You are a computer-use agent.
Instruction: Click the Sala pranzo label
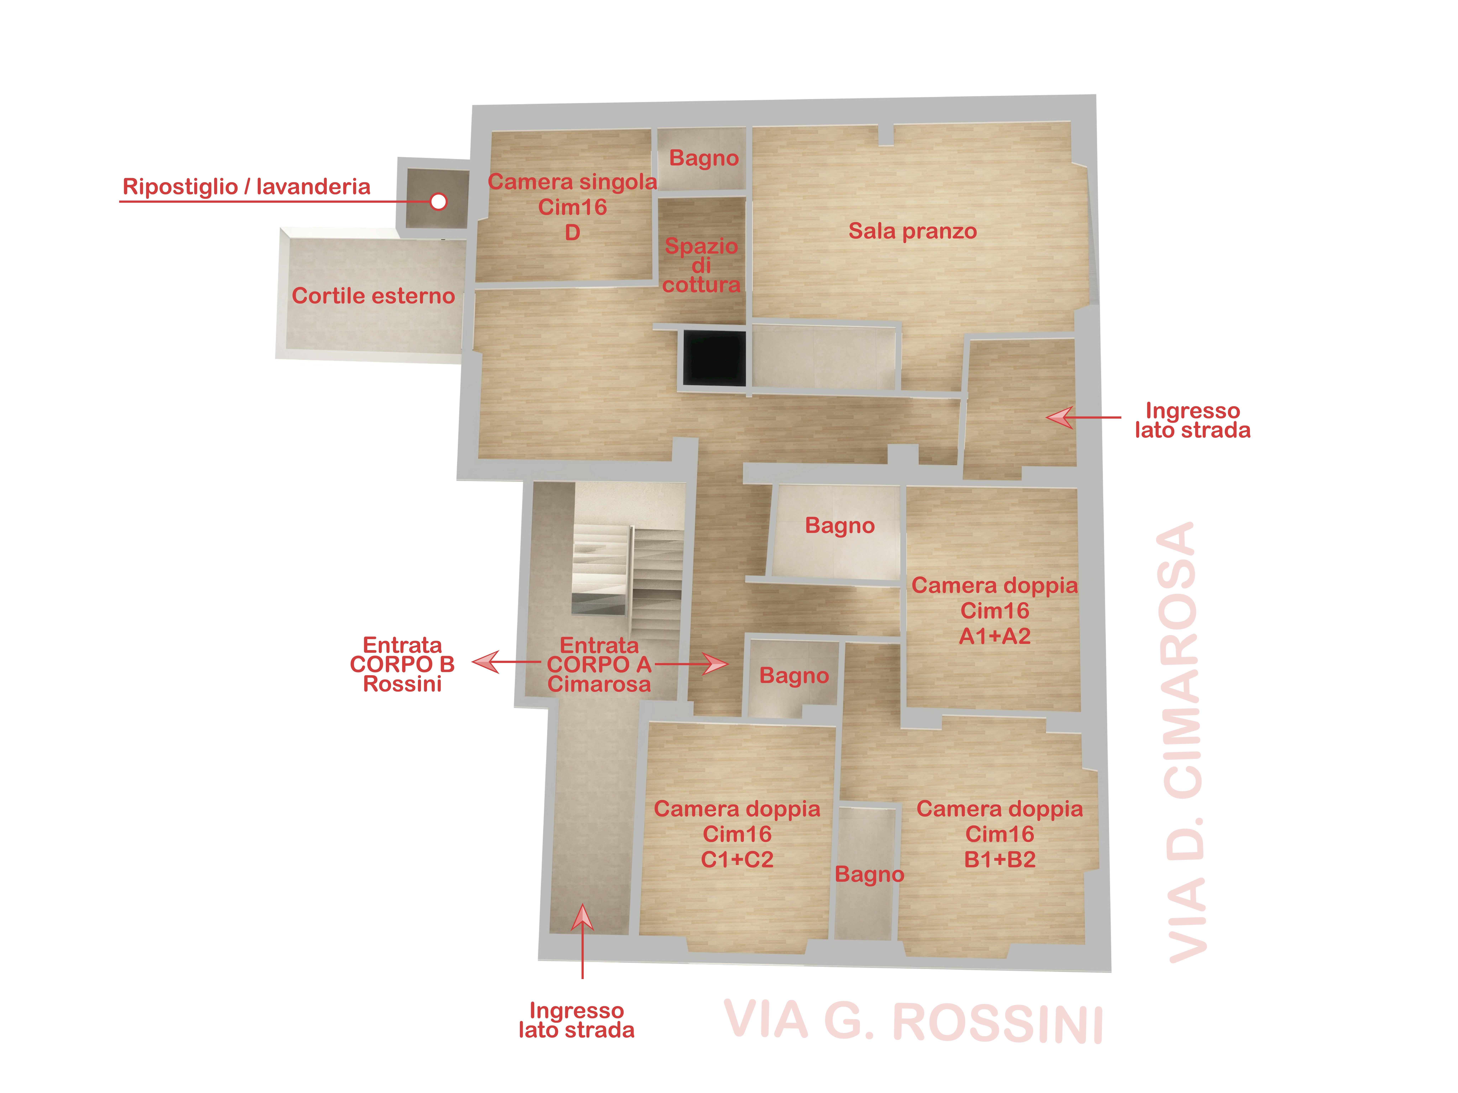click(x=912, y=231)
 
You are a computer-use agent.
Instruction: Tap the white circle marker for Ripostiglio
click(x=438, y=202)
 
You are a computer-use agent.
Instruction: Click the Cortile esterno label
click(x=373, y=296)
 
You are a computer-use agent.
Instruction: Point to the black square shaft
click(x=715, y=358)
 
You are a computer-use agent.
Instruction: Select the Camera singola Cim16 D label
click(x=572, y=207)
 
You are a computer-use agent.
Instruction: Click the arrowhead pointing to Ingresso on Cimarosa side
click(x=1059, y=417)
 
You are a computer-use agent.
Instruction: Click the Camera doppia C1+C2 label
click(x=737, y=834)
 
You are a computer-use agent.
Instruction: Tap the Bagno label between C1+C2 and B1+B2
click(x=869, y=874)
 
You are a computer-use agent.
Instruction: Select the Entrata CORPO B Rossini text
click(x=402, y=664)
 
